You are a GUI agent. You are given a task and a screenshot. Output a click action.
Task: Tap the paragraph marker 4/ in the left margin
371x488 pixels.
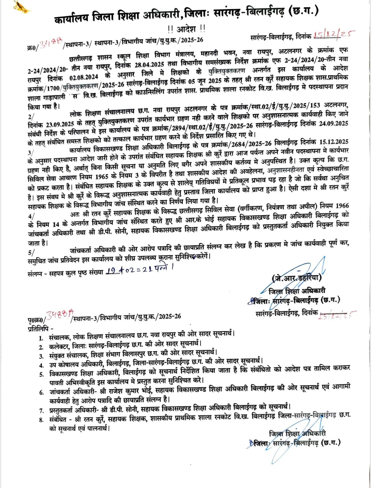click(x=31, y=216)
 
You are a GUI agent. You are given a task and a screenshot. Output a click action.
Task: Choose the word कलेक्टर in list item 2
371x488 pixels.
click(x=60, y=347)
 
